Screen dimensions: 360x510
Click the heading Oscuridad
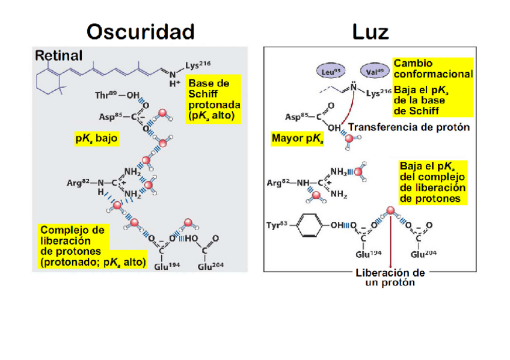tap(141, 31)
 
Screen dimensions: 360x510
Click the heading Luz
tap(370, 31)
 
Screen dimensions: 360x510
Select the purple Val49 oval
tap(373, 71)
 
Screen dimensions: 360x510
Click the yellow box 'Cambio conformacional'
tap(432, 69)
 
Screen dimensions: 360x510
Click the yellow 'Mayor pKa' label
tap(296, 139)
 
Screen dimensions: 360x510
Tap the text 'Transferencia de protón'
tap(409, 127)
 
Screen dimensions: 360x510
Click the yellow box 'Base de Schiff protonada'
tap(212, 99)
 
